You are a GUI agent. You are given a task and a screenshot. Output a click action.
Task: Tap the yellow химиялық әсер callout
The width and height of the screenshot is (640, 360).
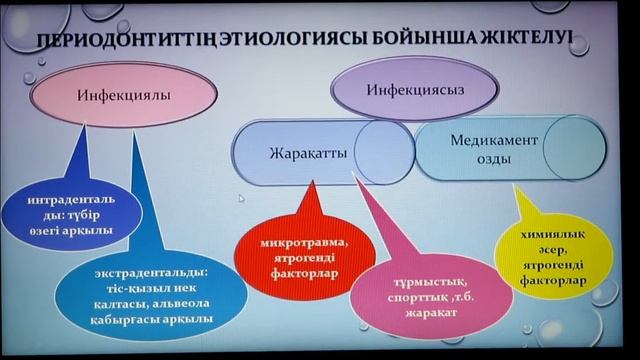pos(546,254)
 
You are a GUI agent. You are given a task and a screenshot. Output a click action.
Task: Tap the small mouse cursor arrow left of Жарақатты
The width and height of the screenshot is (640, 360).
pos(241,199)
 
